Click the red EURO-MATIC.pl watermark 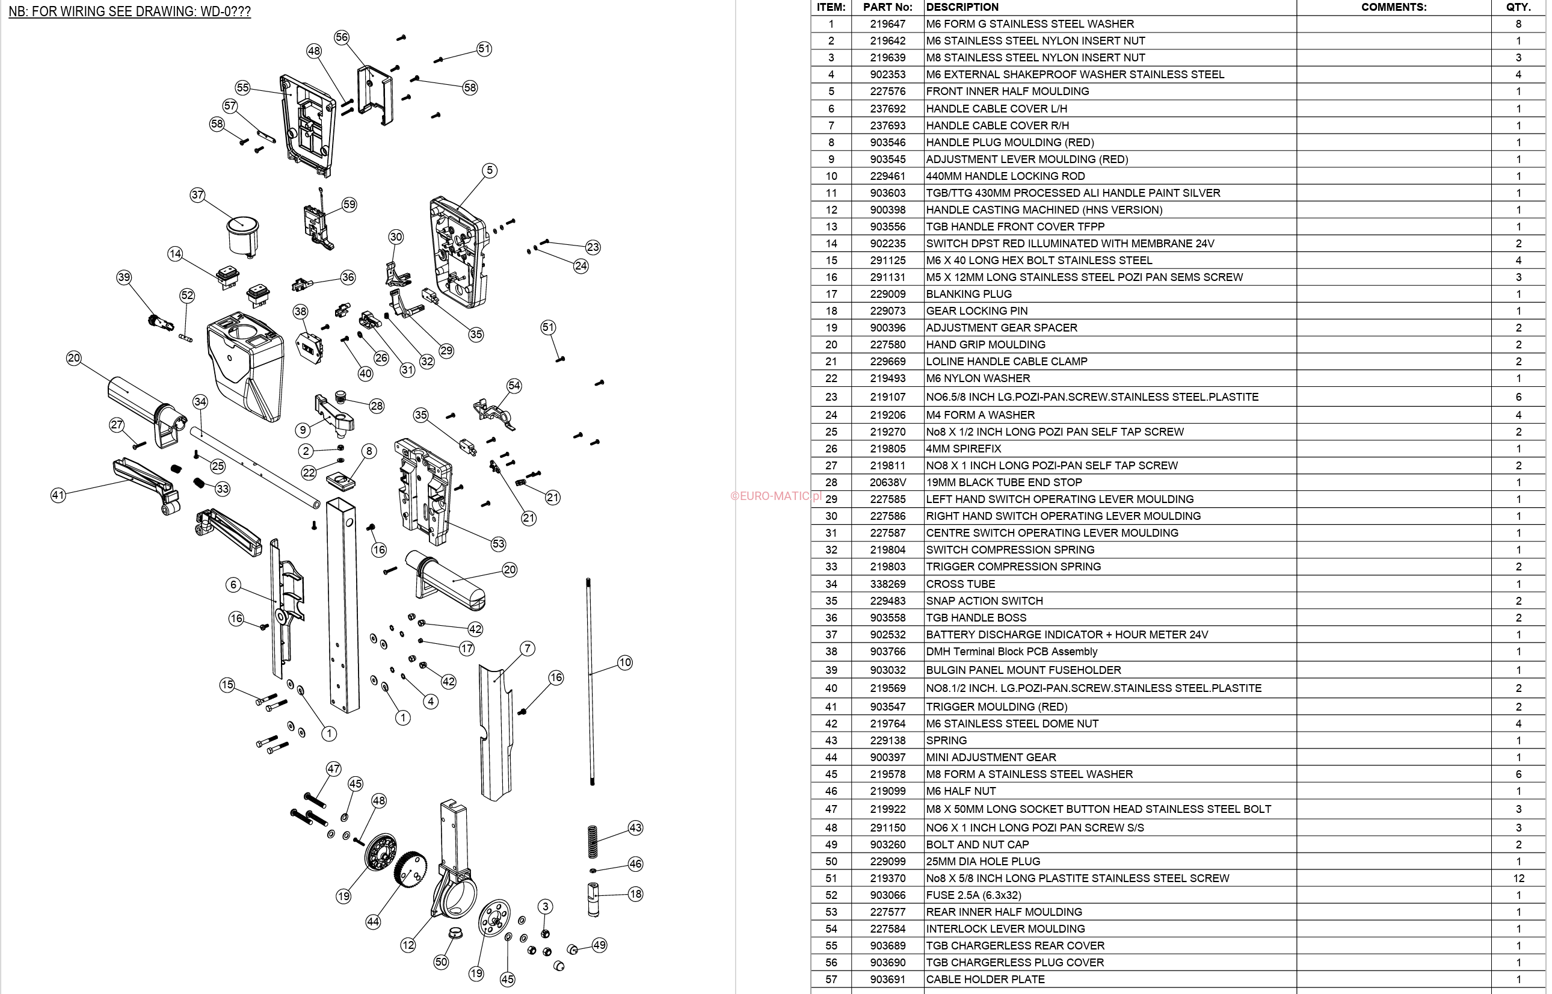pyautogui.click(x=775, y=496)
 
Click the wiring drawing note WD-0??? pyautogui.click(x=129, y=11)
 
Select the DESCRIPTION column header pyautogui.click(x=961, y=7)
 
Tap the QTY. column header pyautogui.click(x=1518, y=7)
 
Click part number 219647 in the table pyautogui.click(x=887, y=24)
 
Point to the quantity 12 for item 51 pyautogui.click(x=1518, y=878)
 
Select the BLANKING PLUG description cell pyautogui.click(x=968, y=294)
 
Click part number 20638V pyautogui.click(x=887, y=482)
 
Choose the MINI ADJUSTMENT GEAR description pyautogui.click(x=991, y=757)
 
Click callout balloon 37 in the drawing pyautogui.click(x=197, y=195)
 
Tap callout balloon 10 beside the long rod pyautogui.click(x=624, y=662)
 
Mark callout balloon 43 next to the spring pyautogui.click(x=635, y=827)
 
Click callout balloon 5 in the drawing pyautogui.click(x=490, y=170)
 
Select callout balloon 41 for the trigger pyautogui.click(x=58, y=495)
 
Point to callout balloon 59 pyautogui.click(x=349, y=205)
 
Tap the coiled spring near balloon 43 pyautogui.click(x=593, y=842)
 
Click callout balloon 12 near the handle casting pyautogui.click(x=408, y=945)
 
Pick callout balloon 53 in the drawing pyautogui.click(x=498, y=543)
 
